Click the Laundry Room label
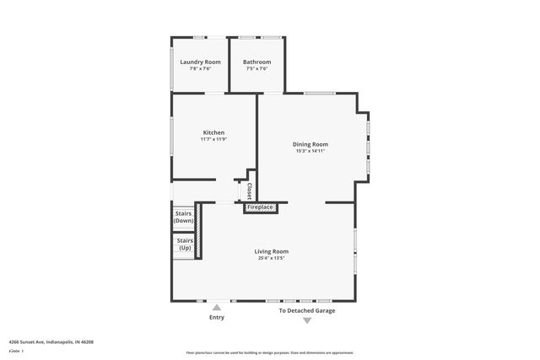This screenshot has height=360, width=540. coord(200,62)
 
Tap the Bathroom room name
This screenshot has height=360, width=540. coord(257,62)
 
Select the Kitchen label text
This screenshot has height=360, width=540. coord(213,132)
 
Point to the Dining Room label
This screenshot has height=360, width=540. coord(310,144)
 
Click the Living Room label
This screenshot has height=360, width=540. coord(272,251)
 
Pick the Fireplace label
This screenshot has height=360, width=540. coord(260,207)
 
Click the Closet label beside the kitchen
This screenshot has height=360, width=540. coord(249,191)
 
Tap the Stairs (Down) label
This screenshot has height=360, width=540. coord(184,217)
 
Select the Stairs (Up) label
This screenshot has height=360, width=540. coord(184,244)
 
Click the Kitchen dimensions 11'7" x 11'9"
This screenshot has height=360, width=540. coord(213,139)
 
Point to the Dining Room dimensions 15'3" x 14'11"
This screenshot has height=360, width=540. coord(310,151)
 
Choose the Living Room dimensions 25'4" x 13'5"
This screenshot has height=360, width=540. coord(272,259)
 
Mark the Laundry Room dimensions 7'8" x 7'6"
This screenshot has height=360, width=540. coord(200,68)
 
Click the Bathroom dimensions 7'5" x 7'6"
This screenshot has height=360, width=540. coord(257,68)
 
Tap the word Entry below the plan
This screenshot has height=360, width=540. coord(217,318)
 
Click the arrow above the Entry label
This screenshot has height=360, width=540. coord(217,308)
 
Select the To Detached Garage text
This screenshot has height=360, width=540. coord(307,310)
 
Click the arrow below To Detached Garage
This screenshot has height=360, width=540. coord(307,320)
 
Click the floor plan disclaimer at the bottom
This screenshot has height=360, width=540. coord(270,352)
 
